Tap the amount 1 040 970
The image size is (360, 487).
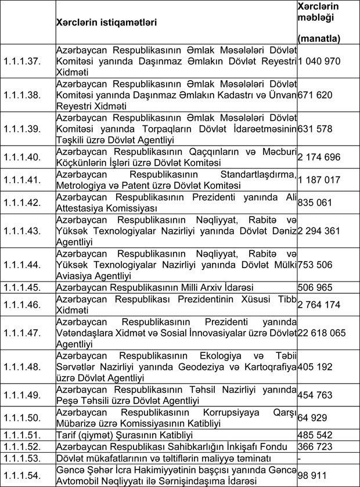[x=319, y=61]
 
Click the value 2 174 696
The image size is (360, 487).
[x=319, y=157]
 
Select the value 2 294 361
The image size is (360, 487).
[x=319, y=231]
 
